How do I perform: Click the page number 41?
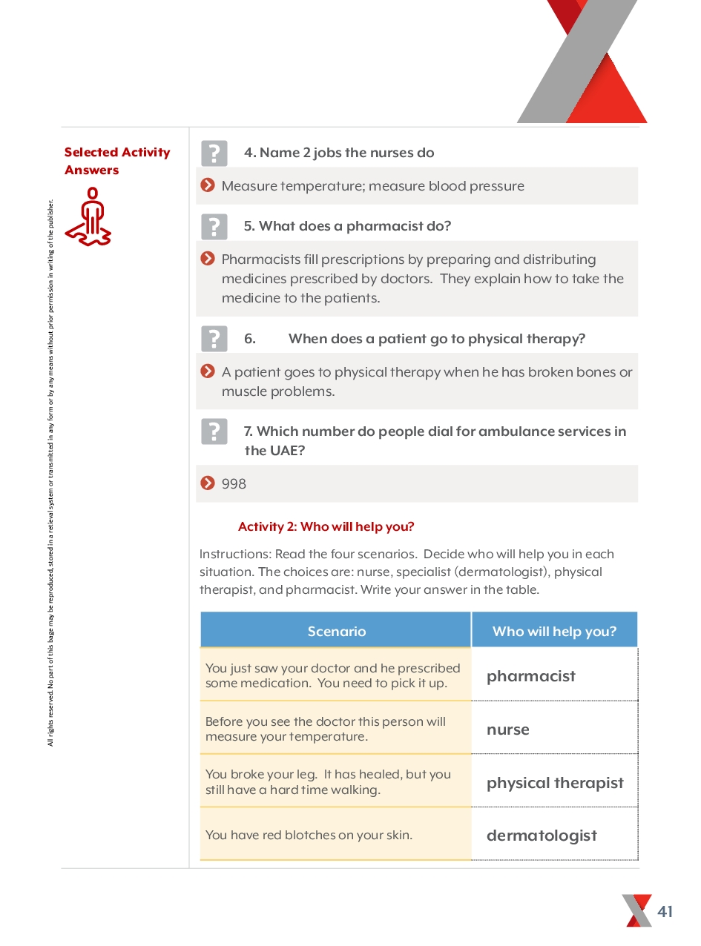(665, 912)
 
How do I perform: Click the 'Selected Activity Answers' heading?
(117, 161)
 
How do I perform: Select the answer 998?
(234, 484)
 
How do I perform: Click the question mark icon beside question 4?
(214, 153)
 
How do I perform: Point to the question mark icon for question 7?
(214, 431)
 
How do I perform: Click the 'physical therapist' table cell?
(555, 783)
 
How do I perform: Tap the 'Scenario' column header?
(336, 631)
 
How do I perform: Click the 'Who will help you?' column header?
(554, 631)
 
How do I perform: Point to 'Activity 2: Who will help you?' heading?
(326, 527)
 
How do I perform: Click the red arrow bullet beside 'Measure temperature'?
(208, 185)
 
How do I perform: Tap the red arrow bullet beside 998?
(208, 483)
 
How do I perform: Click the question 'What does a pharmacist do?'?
(347, 226)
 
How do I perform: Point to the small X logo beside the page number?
(637, 911)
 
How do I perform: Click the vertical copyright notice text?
(50, 474)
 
